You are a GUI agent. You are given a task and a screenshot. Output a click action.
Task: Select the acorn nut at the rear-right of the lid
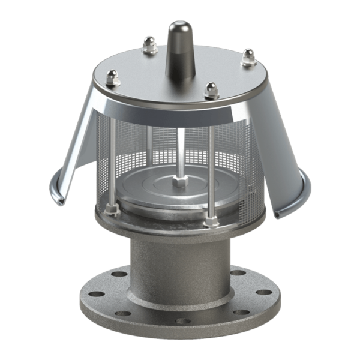248,58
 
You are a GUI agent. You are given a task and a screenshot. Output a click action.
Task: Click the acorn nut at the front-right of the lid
210,91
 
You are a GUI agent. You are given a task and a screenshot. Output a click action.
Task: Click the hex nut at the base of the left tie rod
110,209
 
